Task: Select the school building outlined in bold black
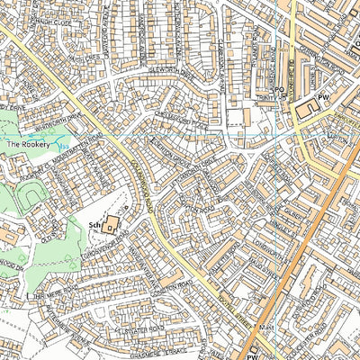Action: pos(111,226)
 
